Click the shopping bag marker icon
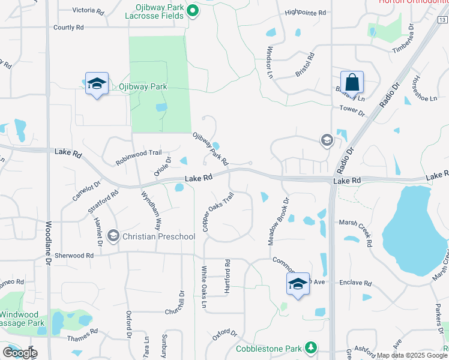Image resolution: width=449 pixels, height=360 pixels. tap(352, 82)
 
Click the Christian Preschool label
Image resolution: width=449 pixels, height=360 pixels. tap(158, 236)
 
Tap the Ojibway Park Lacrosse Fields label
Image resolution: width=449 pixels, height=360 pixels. tap(158, 10)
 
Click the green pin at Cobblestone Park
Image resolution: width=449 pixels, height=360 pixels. tap(310, 347)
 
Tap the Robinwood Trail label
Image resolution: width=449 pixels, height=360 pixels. tap(139, 157)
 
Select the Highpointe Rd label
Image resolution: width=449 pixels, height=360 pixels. tap(305, 13)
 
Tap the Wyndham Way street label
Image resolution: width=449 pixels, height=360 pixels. tap(151, 212)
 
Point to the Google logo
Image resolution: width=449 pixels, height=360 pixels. tap(19, 353)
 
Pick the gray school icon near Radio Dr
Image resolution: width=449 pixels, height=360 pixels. tap(327, 140)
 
